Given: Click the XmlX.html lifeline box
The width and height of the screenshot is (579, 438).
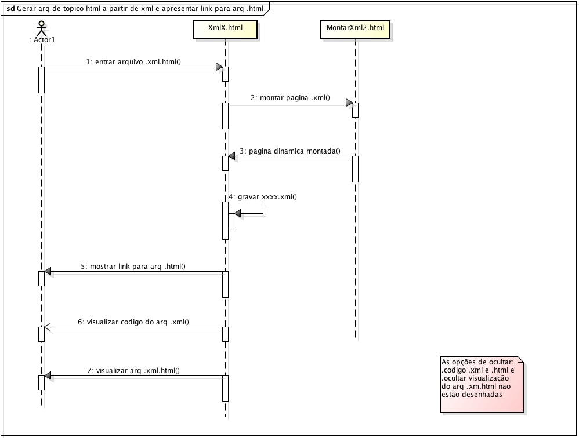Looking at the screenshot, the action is tap(225, 30).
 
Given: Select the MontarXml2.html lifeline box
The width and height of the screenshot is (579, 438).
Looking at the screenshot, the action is tap(355, 30).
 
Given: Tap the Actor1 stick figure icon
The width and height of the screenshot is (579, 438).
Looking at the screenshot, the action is tap(41, 28).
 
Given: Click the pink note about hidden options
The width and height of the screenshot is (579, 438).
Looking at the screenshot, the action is tap(482, 384).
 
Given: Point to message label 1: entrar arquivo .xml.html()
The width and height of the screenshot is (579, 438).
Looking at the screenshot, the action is tap(133, 62).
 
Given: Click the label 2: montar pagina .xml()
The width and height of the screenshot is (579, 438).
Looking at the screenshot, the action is tap(290, 98).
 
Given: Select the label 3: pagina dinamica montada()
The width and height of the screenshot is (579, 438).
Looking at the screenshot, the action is tap(290, 151).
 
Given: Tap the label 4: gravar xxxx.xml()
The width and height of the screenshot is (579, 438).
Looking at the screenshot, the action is tap(263, 197).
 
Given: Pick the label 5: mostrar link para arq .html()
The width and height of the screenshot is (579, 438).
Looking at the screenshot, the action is tap(133, 266).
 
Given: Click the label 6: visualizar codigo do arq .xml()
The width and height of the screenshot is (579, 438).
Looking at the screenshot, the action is tap(133, 322).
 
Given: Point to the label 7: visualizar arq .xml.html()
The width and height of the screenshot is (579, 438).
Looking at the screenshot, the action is tap(133, 371).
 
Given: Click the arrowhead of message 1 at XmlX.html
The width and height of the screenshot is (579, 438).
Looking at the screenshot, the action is tap(219, 67).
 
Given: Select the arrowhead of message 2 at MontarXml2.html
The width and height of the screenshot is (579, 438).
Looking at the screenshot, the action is tap(349, 103).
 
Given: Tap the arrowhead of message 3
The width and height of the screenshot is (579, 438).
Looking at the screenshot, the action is tap(231, 156).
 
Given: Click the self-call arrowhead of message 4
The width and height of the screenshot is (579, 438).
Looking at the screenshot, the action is tap(237, 213).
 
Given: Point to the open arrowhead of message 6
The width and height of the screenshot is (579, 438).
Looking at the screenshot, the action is tap(47, 327).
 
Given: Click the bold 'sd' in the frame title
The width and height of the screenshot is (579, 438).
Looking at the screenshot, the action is tap(10, 9).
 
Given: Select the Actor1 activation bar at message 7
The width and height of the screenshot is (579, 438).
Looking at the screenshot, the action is tap(41, 383).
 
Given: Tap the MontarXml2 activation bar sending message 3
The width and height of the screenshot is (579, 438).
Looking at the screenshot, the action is tap(355, 169).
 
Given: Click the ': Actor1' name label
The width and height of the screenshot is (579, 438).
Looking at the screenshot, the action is tap(42, 40).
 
